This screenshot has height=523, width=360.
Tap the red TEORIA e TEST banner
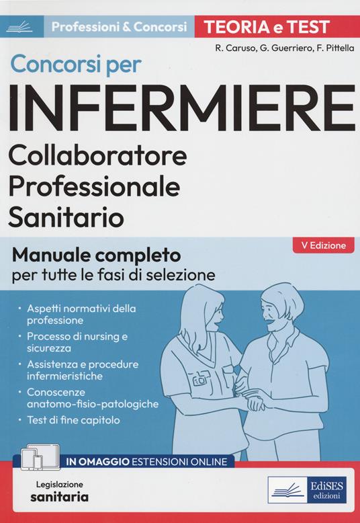[272, 27]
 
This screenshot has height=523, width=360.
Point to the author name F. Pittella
[325, 48]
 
